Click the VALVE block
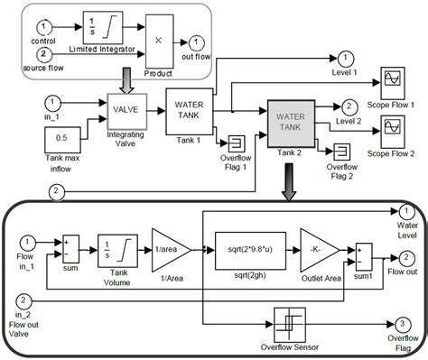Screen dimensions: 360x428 coord(126,111)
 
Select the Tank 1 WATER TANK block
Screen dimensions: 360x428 coord(188,110)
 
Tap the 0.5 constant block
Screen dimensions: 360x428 coord(60,141)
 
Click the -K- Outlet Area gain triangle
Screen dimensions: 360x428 coord(319,248)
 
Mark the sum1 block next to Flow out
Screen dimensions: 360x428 coord(363,252)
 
